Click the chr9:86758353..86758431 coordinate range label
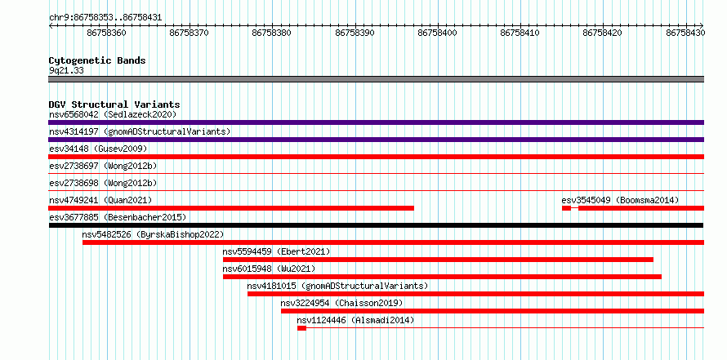(x=105, y=18)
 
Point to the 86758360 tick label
(x=106, y=33)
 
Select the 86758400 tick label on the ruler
(x=437, y=33)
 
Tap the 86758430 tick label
(x=685, y=33)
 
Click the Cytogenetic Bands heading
(x=97, y=60)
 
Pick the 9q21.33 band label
(x=66, y=71)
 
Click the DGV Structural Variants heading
(x=114, y=104)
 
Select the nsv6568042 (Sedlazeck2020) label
(x=113, y=114)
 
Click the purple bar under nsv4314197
(x=376, y=140)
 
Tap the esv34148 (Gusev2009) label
(x=98, y=149)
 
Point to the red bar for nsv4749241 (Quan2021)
(x=231, y=208)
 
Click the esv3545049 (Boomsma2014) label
(x=620, y=200)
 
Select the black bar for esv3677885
(x=376, y=225)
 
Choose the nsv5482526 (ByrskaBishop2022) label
(x=153, y=234)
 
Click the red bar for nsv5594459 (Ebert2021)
(x=438, y=260)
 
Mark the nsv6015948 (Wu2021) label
(x=269, y=269)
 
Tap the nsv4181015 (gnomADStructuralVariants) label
(x=337, y=286)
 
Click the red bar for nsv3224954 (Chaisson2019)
(x=493, y=311)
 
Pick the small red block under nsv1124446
(x=302, y=328)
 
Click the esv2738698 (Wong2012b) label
(x=103, y=183)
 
